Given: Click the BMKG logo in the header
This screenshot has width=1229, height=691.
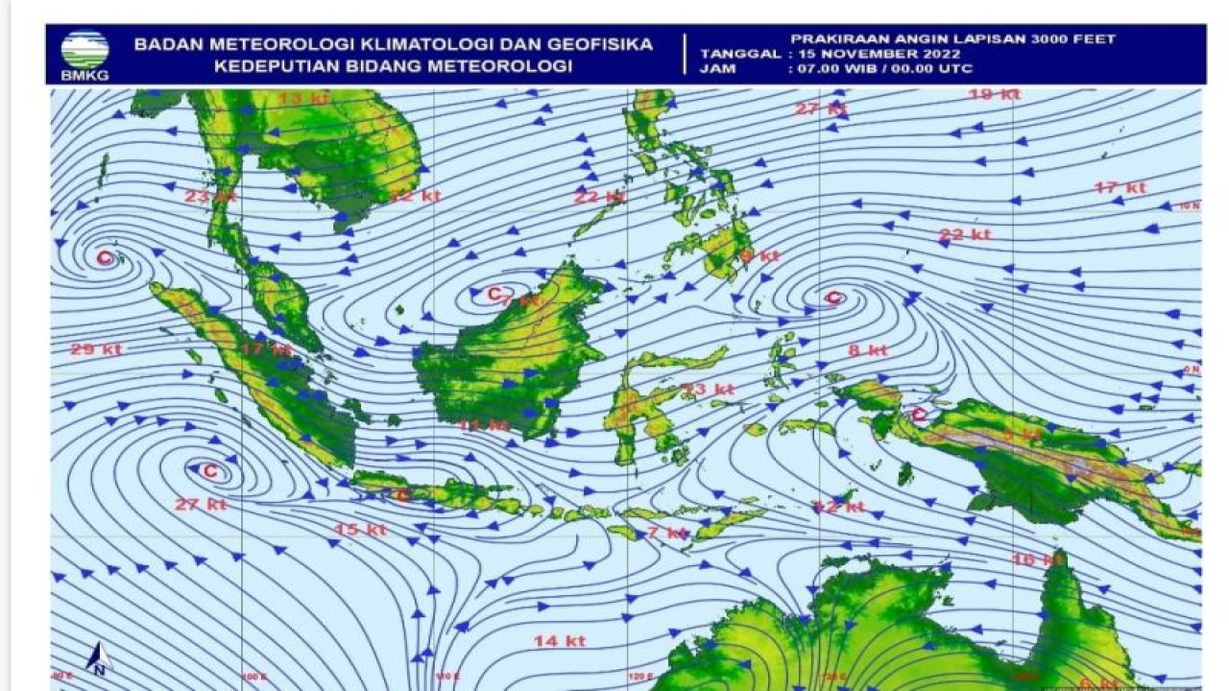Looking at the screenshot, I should pos(84,54).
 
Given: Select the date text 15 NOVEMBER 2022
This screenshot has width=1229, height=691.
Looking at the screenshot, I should pos(873,54).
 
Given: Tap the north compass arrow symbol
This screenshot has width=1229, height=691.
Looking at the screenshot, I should pos(98,658).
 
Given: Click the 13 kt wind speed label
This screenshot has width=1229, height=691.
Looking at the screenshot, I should pos(303,98).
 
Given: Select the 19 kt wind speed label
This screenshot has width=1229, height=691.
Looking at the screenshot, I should pos(994,94).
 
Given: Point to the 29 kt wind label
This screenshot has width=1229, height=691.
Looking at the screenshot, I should pos(96,349).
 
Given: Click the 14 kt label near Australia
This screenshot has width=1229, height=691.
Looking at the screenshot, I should pos(560,640).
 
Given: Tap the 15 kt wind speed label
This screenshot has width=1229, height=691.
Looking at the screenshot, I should pos(361,529).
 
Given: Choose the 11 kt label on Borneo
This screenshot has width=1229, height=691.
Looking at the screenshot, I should pos(483,425).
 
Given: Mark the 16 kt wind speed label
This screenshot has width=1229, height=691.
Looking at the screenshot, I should pos(1038,559).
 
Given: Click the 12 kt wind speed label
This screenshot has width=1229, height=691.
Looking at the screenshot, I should pos(839,506).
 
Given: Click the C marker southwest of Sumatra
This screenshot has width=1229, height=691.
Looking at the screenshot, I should pos(210,470).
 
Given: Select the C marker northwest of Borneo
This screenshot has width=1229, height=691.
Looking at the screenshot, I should pos(494,293).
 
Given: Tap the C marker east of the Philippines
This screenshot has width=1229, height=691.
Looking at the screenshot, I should pos(833,298).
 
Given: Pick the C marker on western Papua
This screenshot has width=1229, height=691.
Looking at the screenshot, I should pos(918,415).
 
